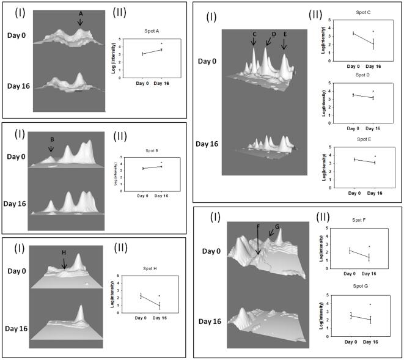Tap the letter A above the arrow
(x=81, y=13)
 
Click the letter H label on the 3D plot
(x=64, y=252)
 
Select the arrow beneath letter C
(x=254, y=41)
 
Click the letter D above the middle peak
(x=273, y=34)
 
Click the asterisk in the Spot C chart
(x=373, y=31)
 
